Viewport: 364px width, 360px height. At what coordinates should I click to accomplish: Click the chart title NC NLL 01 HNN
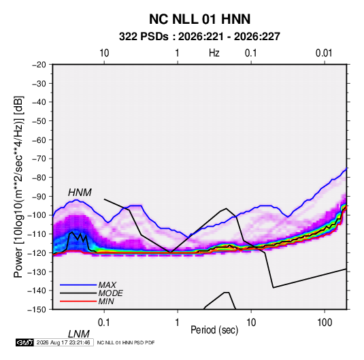pos(199,19)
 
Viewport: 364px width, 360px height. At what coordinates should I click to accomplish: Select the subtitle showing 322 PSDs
pos(199,37)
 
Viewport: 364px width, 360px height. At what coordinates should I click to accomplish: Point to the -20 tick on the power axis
pos(39,65)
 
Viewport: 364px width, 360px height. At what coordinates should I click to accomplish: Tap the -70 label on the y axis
pos(39,159)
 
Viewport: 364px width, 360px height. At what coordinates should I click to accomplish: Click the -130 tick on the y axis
pos(37,272)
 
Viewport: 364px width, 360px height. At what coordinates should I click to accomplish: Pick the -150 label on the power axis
pos(37,310)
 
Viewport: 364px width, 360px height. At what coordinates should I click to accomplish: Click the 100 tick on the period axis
pos(325,323)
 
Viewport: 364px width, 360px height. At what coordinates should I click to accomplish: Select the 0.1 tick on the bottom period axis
pos(104,323)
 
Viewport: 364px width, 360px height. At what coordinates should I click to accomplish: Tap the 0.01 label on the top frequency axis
pos(324,53)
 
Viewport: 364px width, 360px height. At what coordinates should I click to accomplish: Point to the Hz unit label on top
pos(214,53)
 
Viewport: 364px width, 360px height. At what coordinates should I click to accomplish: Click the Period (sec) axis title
pos(214,330)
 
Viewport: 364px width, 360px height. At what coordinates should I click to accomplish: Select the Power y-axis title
pos(18,186)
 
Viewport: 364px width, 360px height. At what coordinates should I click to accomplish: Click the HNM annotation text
pos(80,193)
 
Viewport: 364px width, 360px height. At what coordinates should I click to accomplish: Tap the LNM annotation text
pos(79,334)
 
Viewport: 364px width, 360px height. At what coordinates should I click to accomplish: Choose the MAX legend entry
pos(88,285)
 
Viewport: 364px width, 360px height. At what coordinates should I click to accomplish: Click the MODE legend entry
pos(91,293)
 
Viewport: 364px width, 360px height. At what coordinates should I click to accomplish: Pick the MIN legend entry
pos(87,301)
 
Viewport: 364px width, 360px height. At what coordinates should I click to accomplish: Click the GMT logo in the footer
pos(25,342)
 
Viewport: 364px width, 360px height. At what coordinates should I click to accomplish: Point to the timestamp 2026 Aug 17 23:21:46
pos(63,342)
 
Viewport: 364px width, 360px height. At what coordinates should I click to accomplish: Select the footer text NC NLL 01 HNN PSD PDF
pos(126,342)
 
